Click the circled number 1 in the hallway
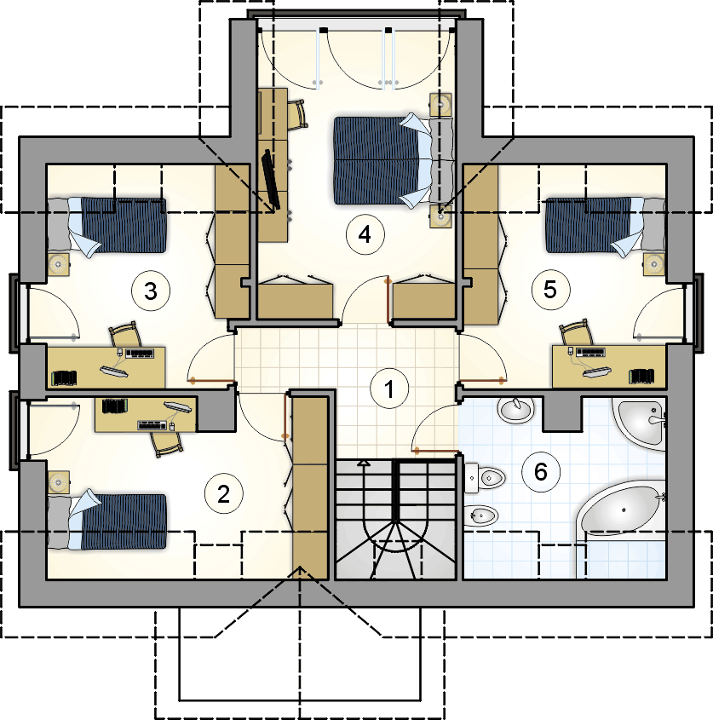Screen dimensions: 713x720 [388, 388]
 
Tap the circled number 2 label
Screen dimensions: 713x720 [223, 494]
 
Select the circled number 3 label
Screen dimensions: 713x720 [151, 291]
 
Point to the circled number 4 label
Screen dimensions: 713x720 [365, 234]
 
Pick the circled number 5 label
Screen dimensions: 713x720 [550, 290]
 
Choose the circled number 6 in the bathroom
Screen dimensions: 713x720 [541, 471]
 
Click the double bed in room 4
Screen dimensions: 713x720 [393, 160]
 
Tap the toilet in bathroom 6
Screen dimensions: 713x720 [485, 477]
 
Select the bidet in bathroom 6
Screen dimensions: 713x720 [481, 516]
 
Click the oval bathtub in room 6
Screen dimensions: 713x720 [621, 510]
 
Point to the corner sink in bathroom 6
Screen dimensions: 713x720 [641, 421]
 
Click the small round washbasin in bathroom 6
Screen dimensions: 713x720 [516, 409]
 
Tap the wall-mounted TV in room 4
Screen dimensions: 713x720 [270, 180]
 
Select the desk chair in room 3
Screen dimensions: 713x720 [124, 334]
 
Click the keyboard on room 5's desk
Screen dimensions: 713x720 [590, 352]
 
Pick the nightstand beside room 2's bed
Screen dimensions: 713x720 [59, 482]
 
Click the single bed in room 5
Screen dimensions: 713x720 [605, 226]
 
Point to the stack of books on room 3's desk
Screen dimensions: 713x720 [65, 378]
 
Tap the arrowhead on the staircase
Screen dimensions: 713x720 [364, 463]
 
